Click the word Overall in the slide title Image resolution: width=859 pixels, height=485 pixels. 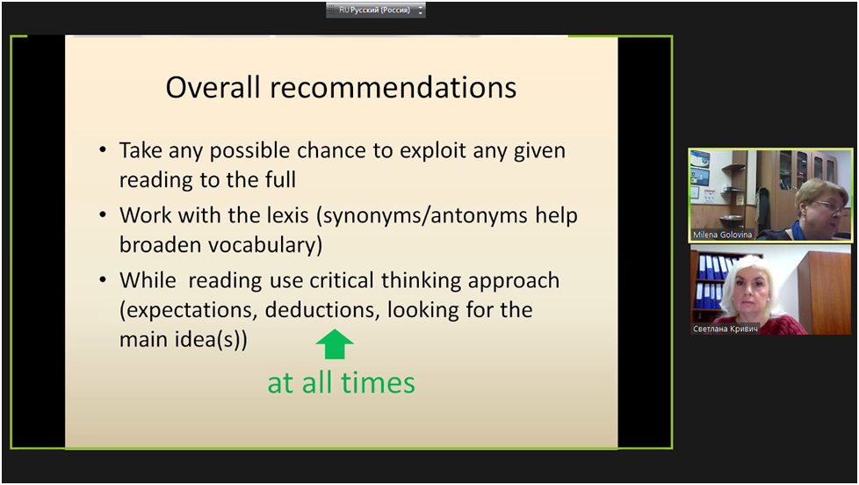point(213,87)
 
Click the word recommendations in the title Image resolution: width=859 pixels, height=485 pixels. point(393,88)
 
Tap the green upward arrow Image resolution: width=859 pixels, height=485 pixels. point(335,344)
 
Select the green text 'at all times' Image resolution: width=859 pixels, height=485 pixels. point(342,382)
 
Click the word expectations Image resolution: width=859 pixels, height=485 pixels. point(189,311)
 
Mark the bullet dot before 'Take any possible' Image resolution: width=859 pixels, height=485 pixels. point(103,149)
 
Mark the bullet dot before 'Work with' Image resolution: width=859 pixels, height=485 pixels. point(103,215)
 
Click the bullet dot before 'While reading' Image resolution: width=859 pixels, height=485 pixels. point(103,279)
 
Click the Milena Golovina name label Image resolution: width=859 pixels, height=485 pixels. point(722,235)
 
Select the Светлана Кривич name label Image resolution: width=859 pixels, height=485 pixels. point(725,329)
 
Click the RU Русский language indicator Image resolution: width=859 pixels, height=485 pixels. point(375,10)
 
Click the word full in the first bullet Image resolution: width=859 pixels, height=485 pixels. point(280,180)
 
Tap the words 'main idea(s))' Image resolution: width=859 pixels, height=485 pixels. point(184,340)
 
